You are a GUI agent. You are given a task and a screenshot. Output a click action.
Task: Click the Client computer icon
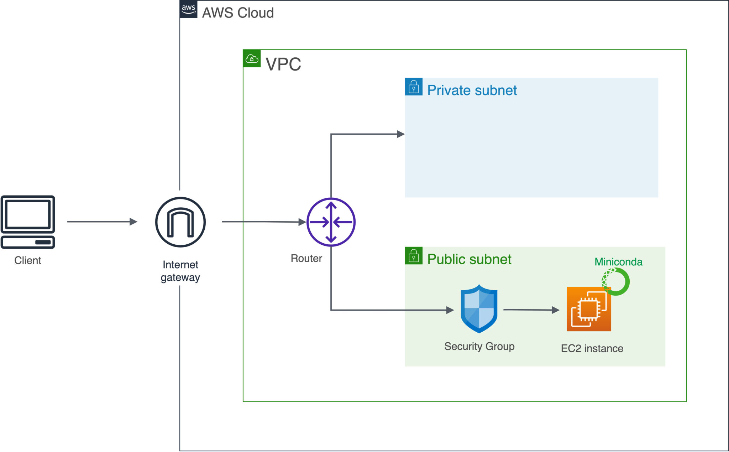(x=28, y=222)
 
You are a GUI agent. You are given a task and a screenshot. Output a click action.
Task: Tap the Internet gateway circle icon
(x=180, y=222)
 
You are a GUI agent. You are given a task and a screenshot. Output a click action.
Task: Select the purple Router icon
(x=331, y=222)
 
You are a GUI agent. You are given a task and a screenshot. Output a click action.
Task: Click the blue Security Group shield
(x=479, y=308)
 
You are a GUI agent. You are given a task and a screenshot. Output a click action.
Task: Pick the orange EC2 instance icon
(x=589, y=309)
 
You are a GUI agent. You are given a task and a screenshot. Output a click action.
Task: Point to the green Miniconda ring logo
(x=616, y=281)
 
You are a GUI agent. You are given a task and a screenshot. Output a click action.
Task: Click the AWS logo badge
(x=188, y=9)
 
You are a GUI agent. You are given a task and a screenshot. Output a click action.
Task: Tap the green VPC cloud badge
(x=252, y=58)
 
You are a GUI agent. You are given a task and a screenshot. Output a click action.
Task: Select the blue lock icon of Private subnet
(x=414, y=87)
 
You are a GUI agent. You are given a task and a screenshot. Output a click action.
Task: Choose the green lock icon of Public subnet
(x=414, y=256)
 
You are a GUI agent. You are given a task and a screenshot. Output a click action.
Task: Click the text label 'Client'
(x=28, y=260)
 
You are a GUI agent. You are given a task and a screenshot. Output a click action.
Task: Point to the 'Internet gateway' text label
(x=180, y=271)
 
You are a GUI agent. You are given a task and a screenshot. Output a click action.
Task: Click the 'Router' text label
(x=306, y=258)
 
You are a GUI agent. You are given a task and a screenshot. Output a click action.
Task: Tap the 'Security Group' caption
(x=479, y=346)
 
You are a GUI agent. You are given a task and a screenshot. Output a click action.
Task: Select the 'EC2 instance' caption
(x=592, y=348)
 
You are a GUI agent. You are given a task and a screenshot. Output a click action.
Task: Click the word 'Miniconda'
(x=618, y=262)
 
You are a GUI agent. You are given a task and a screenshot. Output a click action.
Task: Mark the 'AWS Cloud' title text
(x=238, y=13)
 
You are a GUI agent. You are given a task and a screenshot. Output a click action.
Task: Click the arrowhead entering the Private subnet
(x=400, y=134)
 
